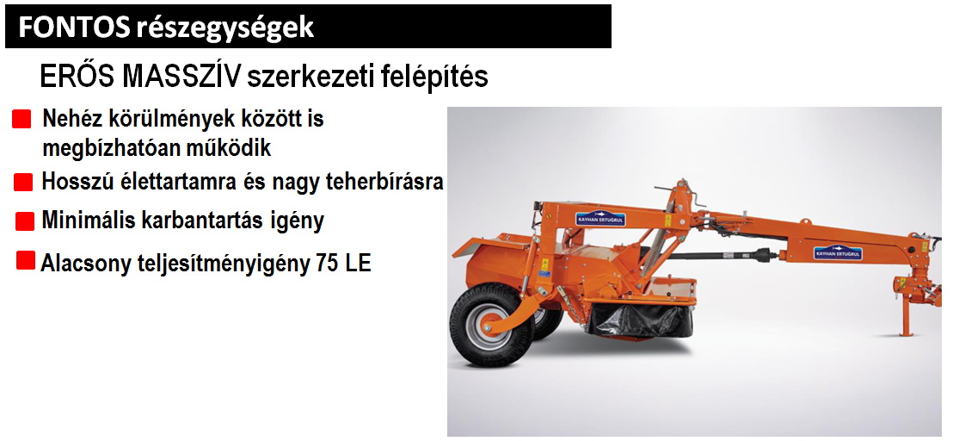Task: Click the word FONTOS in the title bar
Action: click(x=74, y=28)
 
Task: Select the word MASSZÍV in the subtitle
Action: click(x=181, y=77)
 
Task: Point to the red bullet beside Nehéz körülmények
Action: click(x=22, y=119)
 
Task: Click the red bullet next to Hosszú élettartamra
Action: click(x=23, y=182)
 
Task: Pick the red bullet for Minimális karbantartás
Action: click(x=25, y=221)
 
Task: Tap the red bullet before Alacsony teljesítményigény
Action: click(x=26, y=260)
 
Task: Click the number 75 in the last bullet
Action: click(x=329, y=264)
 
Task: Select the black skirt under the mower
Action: click(x=641, y=319)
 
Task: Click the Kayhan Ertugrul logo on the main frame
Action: click(x=600, y=219)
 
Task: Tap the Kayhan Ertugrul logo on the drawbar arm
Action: click(x=838, y=252)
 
